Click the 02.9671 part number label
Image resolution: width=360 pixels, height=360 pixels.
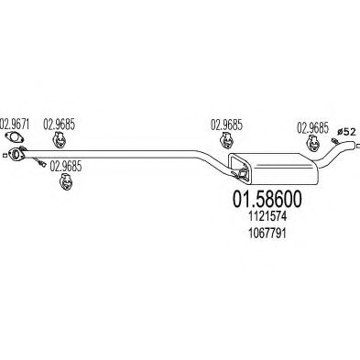(16, 124)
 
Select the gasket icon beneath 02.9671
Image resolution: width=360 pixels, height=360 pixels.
(15, 136)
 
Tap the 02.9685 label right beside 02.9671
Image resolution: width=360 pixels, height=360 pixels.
(59, 124)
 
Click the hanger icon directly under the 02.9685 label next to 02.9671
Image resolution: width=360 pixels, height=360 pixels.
(60, 140)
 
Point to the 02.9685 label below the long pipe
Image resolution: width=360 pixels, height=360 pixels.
(66, 166)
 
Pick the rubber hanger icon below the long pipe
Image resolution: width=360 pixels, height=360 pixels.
(66, 181)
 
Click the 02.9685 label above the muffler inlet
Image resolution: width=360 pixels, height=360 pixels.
(226, 125)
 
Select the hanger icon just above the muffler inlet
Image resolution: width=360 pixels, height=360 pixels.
(227, 141)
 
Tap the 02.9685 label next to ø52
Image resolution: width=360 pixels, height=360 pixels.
(313, 128)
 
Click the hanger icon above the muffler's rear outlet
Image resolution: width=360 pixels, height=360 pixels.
(312, 143)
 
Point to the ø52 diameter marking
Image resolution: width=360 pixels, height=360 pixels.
(346, 132)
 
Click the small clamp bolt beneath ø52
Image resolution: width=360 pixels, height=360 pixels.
(334, 140)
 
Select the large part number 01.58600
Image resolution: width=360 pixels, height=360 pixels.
(267, 199)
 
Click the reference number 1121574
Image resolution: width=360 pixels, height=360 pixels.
(268, 217)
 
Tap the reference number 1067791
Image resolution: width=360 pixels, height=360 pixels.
(268, 234)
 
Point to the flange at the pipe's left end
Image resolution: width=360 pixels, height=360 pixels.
(15, 154)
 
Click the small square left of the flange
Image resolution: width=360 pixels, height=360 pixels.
(4, 156)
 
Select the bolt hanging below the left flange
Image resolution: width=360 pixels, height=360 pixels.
(39, 163)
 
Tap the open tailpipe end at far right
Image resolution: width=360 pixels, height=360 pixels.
(355, 146)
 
